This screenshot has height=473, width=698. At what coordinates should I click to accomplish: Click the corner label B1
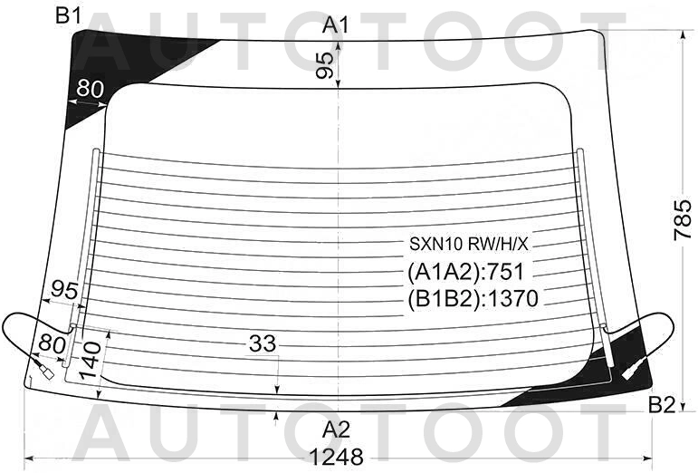[69, 16]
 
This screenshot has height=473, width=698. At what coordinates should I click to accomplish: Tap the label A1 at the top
[336, 24]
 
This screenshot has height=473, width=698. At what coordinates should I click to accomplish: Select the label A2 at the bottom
[336, 430]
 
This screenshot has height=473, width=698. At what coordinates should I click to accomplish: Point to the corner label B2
[662, 405]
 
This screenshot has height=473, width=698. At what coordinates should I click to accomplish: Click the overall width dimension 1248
[336, 457]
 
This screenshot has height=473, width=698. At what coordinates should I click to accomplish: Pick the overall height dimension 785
[683, 220]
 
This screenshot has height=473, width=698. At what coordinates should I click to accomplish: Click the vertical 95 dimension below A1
[324, 65]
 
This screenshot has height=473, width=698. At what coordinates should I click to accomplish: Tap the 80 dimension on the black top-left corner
[90, 88]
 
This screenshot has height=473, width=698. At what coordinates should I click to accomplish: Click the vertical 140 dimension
[92, 361]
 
